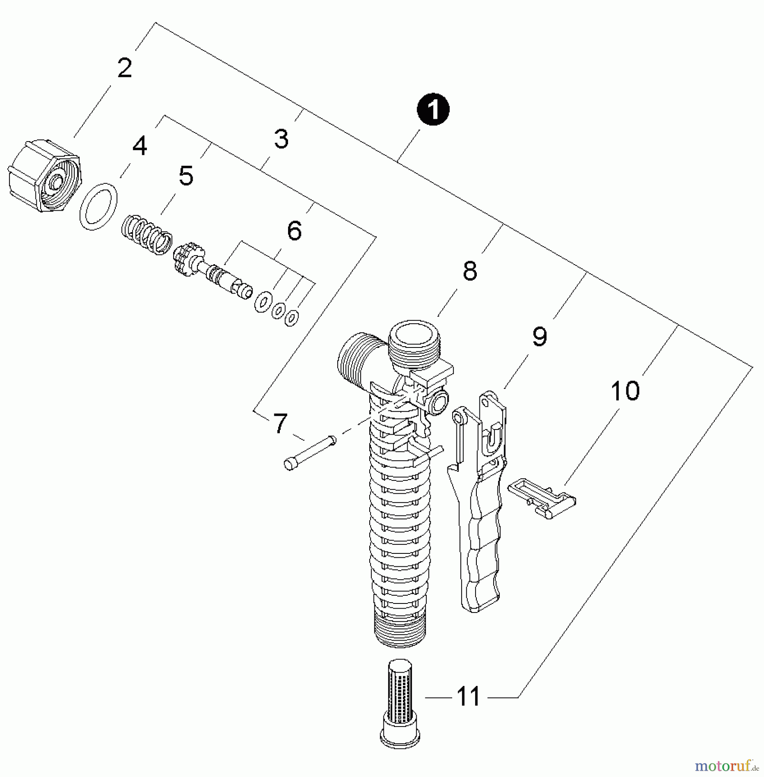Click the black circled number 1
tap(433, 110)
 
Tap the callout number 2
tap(124, 68)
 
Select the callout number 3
tap(281, 139)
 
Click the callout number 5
tap(186, 176)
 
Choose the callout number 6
tap(294, 231)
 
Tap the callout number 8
tap(469, 271)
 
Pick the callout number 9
tap(539, 336)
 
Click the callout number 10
tap(625, 391)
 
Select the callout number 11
tap(468, 696)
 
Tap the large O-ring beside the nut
tap(98, 206)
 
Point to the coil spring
tap(147, 235)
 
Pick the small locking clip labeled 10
tap(541, 497)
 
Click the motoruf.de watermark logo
tap(726, 766)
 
